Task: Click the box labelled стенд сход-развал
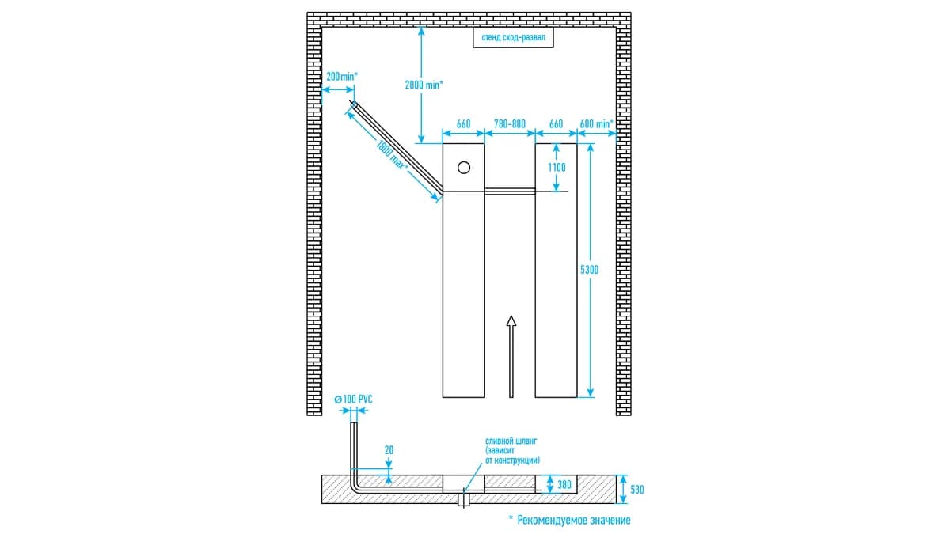513,37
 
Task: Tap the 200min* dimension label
342,77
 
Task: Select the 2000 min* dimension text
424,85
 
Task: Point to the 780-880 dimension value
510,123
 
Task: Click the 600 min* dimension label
596,123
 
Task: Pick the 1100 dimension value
557,168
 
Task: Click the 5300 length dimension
590,270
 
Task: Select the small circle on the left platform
464,168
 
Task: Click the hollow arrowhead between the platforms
511,321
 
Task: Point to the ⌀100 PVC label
353,400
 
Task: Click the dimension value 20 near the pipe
389,450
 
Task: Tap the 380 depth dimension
564,484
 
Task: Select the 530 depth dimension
637,490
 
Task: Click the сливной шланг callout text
512,450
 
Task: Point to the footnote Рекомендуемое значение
574,520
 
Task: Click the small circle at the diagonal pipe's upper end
354,104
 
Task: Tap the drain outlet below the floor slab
464,500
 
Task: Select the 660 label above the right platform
556,123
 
